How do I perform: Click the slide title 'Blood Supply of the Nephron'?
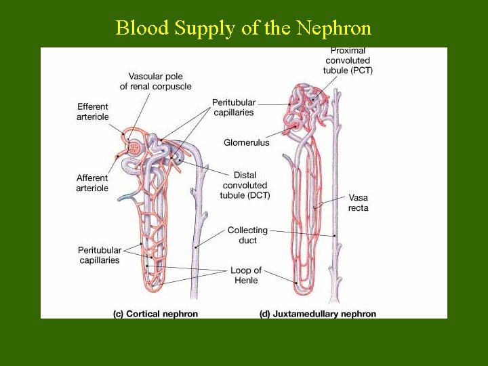tap(243, 28)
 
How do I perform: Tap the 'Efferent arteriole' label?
tap(92, 112)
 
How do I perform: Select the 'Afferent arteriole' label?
tap(92, 183)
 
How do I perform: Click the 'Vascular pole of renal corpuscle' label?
tap(155, 81)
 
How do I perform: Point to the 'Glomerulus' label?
tap(246, 142)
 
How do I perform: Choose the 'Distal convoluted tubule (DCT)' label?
tap(245, 185)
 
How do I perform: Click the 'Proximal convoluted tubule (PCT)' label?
tap(348, 60)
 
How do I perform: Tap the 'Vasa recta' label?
tap(359, 203)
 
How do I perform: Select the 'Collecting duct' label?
tap(247, 235)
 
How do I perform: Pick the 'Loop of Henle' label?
tap(245, 275)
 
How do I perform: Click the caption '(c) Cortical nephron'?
tap(155, 314)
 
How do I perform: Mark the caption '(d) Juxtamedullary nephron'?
tap(318, 314)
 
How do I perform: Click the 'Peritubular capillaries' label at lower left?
tap(99, 255)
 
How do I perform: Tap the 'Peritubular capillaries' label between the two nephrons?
tap(233, 107)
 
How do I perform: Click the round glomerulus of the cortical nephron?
tap(135, 147)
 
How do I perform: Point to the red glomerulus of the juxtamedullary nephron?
tap(294, 127)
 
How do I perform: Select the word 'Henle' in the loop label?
tap(245, 281)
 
